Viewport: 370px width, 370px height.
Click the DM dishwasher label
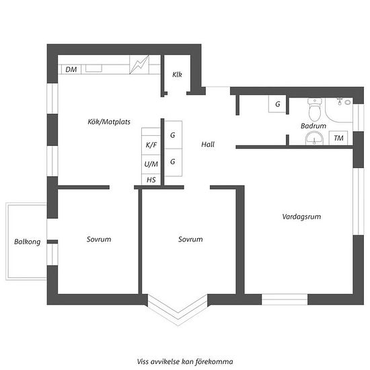click(x=71, y=69)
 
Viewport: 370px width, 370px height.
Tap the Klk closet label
click(x=177, y=75)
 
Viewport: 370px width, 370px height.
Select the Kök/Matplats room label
click(x=109, y=122)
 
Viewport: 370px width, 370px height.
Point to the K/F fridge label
click(x=151, y=145)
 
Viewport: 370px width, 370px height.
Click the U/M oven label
click(x=151, y=164)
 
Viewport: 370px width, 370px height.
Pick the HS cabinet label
click(x=151, y=180)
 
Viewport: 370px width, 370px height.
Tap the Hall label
click(x=208, y=145)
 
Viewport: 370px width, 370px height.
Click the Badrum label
click(x=313, y=126)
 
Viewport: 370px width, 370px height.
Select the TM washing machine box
click(x=338, y=138)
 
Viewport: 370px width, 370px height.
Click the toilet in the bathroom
click(x=315, y=109)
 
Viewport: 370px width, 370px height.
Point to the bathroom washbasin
click(x=314, y=138)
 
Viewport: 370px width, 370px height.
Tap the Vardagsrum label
click(x=301, y=217)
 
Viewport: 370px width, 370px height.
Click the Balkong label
click(x=28, y=242)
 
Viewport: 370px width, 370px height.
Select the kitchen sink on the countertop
click(x=94, y=68)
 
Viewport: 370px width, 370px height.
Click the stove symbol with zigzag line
click(x=139, y=65)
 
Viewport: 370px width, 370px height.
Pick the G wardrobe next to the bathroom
click(x=277, y=104)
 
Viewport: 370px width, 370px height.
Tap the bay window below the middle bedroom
click(x=178, y=309)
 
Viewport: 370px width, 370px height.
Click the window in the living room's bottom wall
click(x=285, y=299)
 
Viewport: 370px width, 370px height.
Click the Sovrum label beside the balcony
click(x=99, y=239)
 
